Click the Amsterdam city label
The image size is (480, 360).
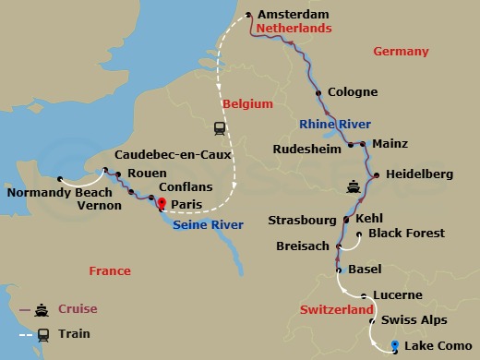coord(294,15)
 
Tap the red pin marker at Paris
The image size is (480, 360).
coord(162,203)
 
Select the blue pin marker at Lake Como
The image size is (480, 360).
coord(395,346)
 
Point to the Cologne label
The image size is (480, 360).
coord(353,92)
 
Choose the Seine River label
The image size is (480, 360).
coord(208,224)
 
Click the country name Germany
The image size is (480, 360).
coord(401,52)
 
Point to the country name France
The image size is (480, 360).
coord(110,270)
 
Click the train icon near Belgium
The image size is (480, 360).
coord(221,128)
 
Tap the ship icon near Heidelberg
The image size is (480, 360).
coord(354,187)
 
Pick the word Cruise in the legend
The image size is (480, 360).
coord(78,308)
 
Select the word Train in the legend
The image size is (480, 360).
coord(74,334)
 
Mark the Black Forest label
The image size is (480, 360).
coord(406,234)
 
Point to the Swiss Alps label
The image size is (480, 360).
coord(414,319)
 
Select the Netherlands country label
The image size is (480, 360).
coord(293,30)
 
